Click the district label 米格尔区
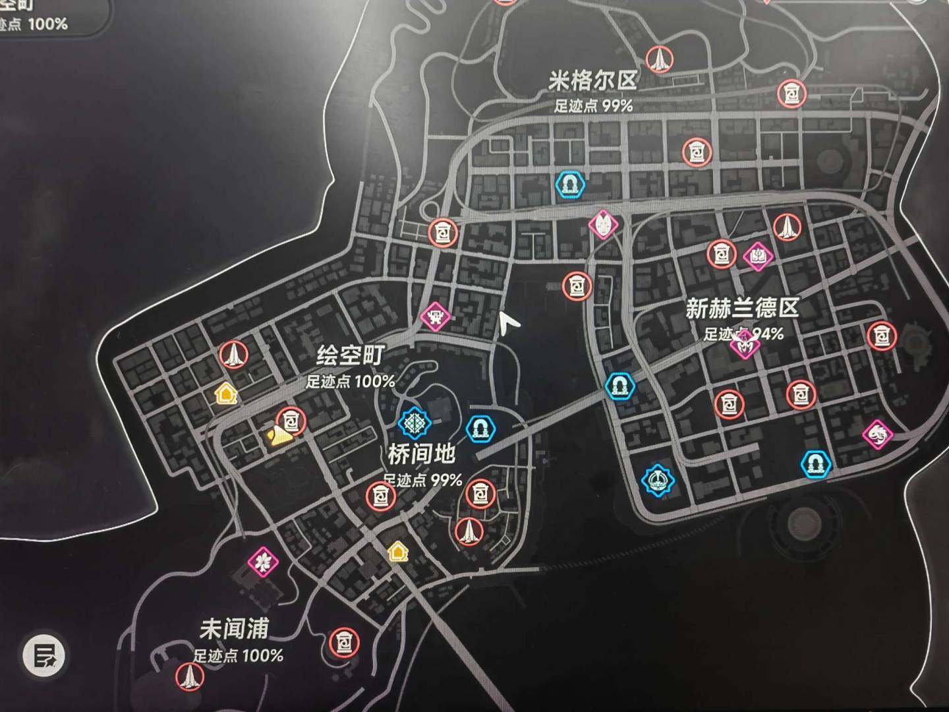click(x=593, y=81)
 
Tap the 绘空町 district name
click(x=349, y=357)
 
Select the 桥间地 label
click(x=421, y=454)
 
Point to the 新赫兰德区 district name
click(x=742, y=308)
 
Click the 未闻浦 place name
click(x=234, y=630)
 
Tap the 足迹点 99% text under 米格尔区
click(x=593, y=105)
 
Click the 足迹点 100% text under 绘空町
click(x=350, y=381)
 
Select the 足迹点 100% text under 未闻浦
click(x=239, y=655)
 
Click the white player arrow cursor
click(x=507, y=323)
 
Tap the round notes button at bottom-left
click(x=45, y=655)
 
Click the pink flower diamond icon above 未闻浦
click(x=263, y=562)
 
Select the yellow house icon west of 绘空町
click(x=225, y=394)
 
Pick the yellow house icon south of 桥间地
click(x=397, y=550)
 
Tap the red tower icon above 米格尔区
click(x=658, y=60)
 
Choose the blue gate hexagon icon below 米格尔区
click(x=570, y=185)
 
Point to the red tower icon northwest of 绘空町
click(x=233, y=355)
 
